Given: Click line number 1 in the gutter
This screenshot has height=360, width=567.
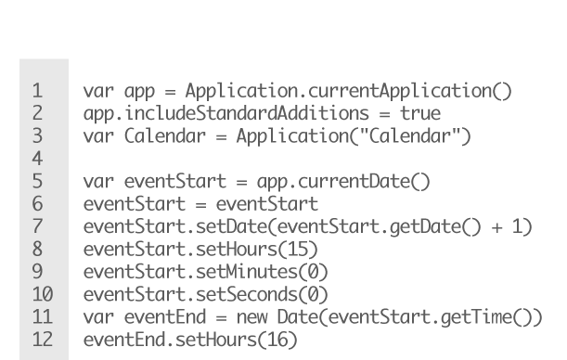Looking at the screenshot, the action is (37, 92).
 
